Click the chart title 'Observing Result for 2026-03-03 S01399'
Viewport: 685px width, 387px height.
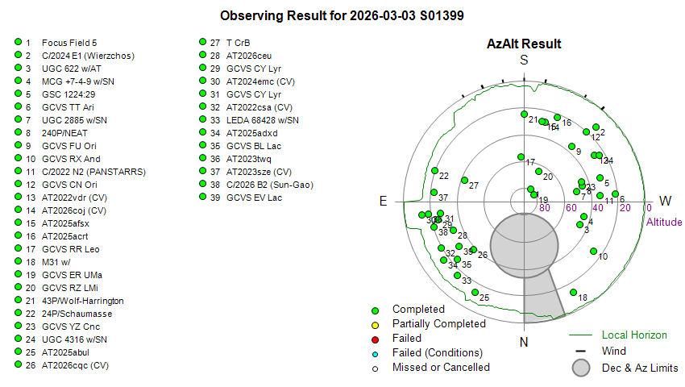click(x=342, y=16)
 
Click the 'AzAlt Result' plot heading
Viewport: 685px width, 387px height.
click(x=524, y=44)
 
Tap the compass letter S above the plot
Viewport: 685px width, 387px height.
click(x=524, y=60)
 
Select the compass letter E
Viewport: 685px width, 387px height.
click(x=384, y=201)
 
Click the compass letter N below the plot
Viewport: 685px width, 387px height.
click(x=524, y=342)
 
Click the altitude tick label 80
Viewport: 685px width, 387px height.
click(x=545, y=208)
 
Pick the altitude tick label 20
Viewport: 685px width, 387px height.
click(x=624, y=208)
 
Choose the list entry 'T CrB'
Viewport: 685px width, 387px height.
click(x=238, y=43)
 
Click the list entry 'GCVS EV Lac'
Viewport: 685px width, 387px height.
click(x=253, y=198)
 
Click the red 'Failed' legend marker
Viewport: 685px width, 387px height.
click(x=375, y=339)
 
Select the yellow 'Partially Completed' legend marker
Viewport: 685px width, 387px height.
click(x=375, y=324)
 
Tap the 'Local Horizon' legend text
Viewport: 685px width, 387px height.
click(x=634, y=335)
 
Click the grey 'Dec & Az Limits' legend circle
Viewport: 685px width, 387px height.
click(x=582, y=368)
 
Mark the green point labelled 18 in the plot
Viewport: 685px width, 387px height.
click(x=573, y=293)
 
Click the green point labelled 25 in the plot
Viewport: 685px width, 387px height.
click(x=475, y=292)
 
